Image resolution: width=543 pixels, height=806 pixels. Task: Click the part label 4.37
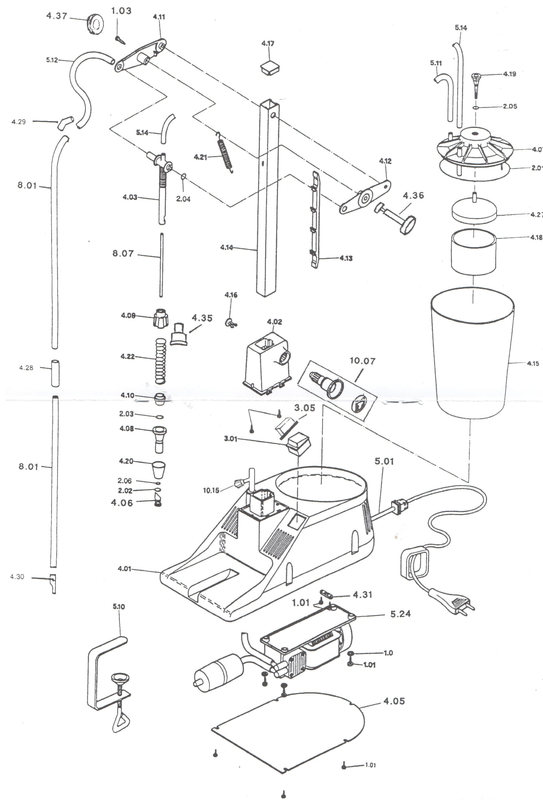coord(57,16)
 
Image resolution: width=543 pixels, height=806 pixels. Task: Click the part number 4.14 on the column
coord(226,248)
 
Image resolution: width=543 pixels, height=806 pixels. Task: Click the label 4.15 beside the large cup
coord(533,363)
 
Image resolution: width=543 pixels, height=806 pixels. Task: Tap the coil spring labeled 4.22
coord(160,360)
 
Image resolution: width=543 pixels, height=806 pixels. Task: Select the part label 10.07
coord(362,360)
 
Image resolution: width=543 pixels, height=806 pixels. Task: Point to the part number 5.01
coord(384,461)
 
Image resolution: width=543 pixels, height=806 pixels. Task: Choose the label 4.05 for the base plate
coord(394,701)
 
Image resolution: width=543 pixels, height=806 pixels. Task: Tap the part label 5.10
coord(119,606)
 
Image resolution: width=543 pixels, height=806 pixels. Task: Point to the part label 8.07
coord(123,253)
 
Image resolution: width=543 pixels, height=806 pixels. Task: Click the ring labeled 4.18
coord(473,252)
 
